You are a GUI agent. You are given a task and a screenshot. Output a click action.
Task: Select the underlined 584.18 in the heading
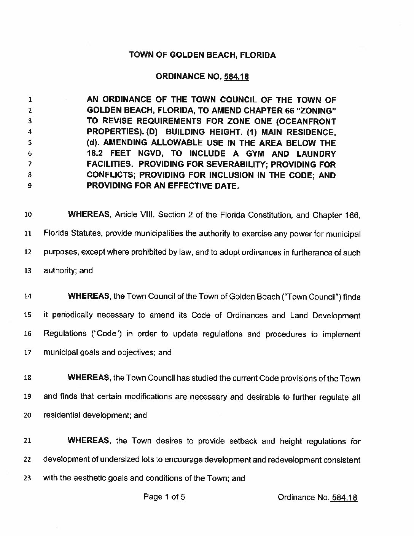click(x=236, y=77)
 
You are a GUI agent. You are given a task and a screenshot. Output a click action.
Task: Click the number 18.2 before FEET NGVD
click(x=96, y=154)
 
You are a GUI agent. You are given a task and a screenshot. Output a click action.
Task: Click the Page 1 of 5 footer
click(x=164, y=497)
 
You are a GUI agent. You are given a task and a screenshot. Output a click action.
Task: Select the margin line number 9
click(x=29, y=187)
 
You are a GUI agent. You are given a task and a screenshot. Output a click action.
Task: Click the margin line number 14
click(x=27, y=297)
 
